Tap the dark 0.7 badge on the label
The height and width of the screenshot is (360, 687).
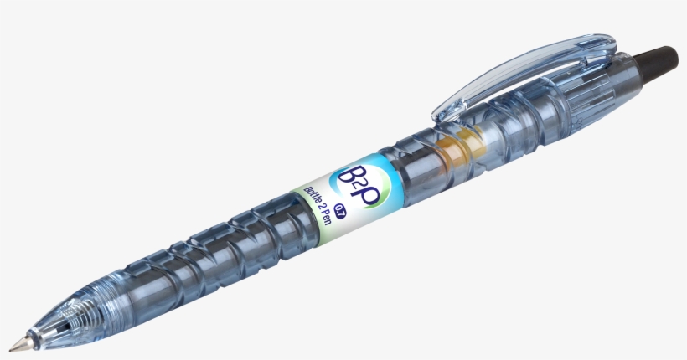pyautogui.click(x=339, y=208)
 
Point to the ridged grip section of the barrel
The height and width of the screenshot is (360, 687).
pyautogui.click(x=209, y=251)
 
